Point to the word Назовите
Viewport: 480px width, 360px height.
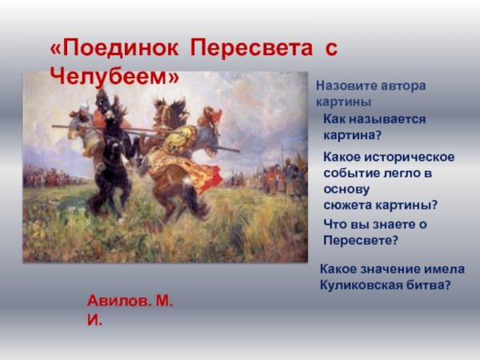point(348,86)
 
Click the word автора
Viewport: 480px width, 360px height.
point(403,86)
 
